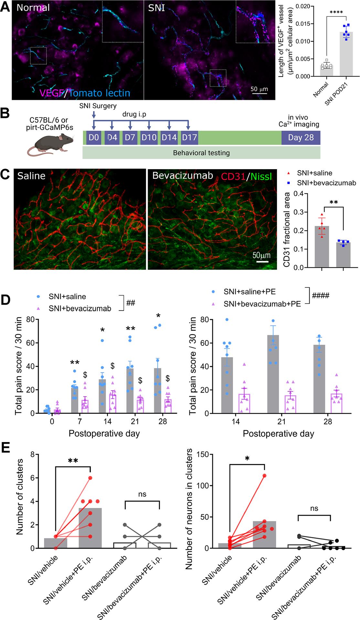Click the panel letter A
pos(5,7)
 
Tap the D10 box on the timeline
pos(149,138)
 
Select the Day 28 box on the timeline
pos(301,138)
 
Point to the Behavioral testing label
pos(201,153)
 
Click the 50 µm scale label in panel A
pos(259,89)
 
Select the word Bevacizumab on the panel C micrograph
pos(183,176)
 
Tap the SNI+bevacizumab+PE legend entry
pos(262,304)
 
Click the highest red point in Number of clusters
pos(90,478)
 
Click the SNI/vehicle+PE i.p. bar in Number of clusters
pos(90,528)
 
